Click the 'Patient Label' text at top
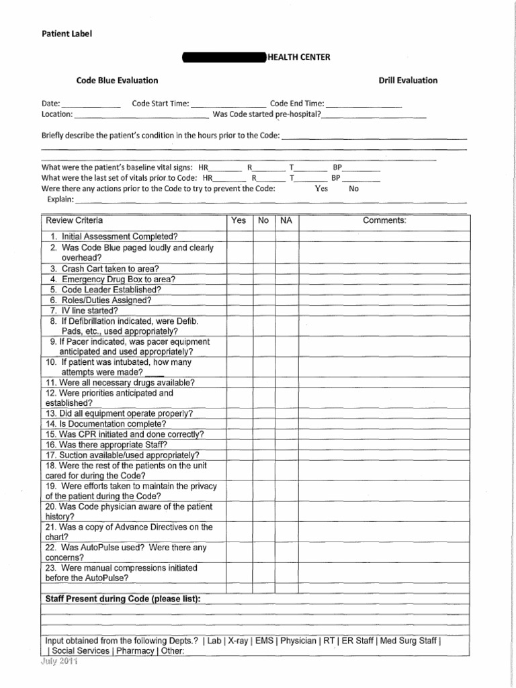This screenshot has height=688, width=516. [66, 32]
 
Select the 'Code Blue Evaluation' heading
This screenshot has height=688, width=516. [117, 81]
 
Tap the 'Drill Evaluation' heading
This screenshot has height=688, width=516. [408, 81]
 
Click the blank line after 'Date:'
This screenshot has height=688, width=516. [91, 104]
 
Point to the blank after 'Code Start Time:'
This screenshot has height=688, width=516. [228, 104]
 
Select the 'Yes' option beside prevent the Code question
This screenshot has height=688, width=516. [322, 189]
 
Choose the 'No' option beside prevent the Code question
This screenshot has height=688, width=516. [354, 189]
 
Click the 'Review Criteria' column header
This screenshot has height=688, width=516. [75, 220]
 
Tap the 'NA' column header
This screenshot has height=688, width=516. [286, 220]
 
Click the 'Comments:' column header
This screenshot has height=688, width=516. [384, 220]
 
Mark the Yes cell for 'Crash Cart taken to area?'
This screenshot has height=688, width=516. [239, 269]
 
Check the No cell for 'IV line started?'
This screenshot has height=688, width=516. [264, 311]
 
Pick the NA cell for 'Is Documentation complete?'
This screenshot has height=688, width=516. [287, 424]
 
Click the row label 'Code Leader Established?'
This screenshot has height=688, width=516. [105, 290]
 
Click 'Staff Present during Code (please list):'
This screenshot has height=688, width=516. [122, 599]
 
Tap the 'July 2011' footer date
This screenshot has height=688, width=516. [60, 661]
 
